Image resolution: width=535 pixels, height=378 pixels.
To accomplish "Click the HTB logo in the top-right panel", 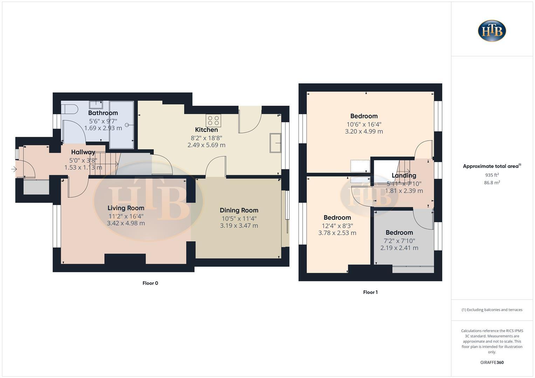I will pyautogui.click(x=492, y=31).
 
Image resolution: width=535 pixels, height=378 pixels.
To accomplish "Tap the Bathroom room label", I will pyautogui.click(x=103, y=113).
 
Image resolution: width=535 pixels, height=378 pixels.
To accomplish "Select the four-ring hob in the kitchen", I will pyautogui.click(x=213, y=121).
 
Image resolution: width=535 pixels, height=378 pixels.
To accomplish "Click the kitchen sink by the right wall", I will pyautogui.click(x=275, y=143).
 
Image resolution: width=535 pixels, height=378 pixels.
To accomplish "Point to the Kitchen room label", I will pyautogui.click(x=206, y=130).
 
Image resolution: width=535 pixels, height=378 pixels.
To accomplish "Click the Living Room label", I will pyautogui.click(x=126, y=208).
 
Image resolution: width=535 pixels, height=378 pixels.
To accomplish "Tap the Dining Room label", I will pyautogui.click(x=239, y=210).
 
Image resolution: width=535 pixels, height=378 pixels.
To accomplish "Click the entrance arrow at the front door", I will pyautogui.click(x=14, y=169).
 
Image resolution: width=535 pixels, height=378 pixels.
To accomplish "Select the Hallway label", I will pyautogui.click(x=83, y=152).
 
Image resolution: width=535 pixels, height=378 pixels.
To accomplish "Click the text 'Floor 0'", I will pyautogui.click(x=150, y=283).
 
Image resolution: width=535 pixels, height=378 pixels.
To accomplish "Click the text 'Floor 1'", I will pyautogui.click(x=370, y=292).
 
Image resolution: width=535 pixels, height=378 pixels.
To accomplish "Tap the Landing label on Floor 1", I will pyautogui.click(x=404, y=175).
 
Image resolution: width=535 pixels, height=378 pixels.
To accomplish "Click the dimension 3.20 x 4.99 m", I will pyautogui.click(x=364, y=132).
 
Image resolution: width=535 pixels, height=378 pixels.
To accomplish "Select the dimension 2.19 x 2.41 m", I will pyautogui.click(x=399, y=248).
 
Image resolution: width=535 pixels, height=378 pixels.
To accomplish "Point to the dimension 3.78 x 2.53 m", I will pyautogui.click(x=337, y=233).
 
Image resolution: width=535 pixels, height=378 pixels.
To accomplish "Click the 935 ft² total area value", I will pyautogui.click(x=492, y=175).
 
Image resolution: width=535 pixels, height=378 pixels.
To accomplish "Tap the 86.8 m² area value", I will pyautogui.click(x=492, y=182).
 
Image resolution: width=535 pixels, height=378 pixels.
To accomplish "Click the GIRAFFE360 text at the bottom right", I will pyautogui.click(x=492, y=363).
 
